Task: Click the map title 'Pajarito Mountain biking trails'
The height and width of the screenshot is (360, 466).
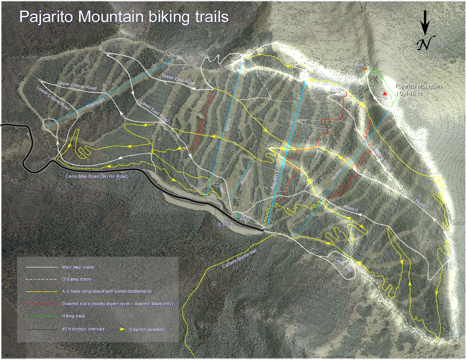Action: click(x=124, y=17)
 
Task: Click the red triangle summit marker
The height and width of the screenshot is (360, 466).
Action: click(x=385, y=93)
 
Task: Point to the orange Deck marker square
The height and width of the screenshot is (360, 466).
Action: click(x=366, y=69)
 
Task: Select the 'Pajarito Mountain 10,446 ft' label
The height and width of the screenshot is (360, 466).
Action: click(x=418, y=90)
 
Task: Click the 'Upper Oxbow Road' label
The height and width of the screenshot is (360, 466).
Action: click(x=77, y=85)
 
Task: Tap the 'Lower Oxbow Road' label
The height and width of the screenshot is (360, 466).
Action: click(x=53, y=98)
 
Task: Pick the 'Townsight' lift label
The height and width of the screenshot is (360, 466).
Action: click(x=96, y=103)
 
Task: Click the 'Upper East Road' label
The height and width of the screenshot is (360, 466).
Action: click(x=178, y=79)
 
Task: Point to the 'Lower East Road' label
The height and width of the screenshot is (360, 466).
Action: click(x=154, y=111)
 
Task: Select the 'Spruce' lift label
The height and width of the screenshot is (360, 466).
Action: click(x=228, y=124)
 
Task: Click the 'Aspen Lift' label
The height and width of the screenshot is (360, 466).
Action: click(x=276, y=176)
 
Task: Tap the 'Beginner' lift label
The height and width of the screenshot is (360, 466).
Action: click(x=246, y=176)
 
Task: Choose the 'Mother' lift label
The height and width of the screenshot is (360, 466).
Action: click(x=337, y=174)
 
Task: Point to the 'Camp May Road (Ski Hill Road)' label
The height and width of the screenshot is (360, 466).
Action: click(x=97, y=176)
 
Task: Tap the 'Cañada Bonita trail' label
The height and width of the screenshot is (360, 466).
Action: click(x=239, y=259)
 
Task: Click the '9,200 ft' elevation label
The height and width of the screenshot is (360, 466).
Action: click(x=226, y=224)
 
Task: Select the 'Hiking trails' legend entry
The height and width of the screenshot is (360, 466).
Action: click(x=73, y=316)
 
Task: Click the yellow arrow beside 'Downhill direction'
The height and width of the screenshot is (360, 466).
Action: click(x=122, y=329)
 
